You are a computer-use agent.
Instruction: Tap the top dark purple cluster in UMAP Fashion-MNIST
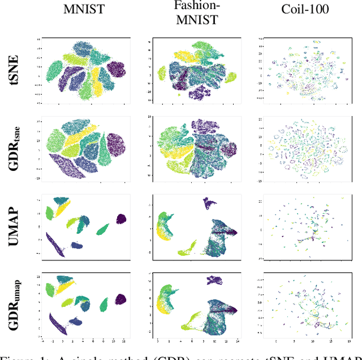[x=211, y=203]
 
